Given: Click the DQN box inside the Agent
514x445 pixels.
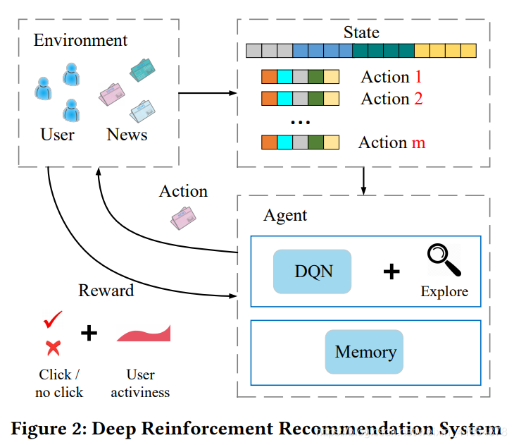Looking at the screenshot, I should pyautogui.click(x=312, y=271).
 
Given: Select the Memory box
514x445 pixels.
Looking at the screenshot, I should pyautogui.click(x=365, y=351).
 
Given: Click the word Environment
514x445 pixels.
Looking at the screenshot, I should pyautogui.click(x=81, y=39).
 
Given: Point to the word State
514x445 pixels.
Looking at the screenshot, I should pyautogui.click(x=361, y=32).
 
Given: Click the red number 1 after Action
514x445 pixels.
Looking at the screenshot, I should pyautogui.click(x=418, y=77).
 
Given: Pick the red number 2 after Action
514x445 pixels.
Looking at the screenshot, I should pyautogui.click(x=418, y=99).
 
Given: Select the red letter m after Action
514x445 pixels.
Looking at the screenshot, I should pyautogui.click(x=418, y=142).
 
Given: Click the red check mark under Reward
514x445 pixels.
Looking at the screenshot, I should pyautogui.click(x=53, y=321).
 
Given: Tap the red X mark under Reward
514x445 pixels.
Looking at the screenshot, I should pyautogui.click(x=52, y=346).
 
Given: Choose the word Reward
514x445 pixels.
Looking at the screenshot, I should pyautogui.click(x=106, y=290).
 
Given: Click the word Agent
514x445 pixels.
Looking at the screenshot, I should pyautogui.click(x=285, y=215).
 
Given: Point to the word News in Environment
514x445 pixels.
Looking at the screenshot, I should pyautogui.click(x=127, y=134).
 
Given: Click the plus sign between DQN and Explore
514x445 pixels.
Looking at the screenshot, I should pyautogui.click(x=391, y=271).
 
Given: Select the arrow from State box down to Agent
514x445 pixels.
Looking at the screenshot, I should pyautogui.click(x=363, y=181).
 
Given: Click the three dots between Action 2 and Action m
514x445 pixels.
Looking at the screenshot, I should pyautogui.click(x=300, y=122).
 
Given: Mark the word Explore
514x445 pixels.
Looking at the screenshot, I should pyautogui.click(x=444, y=291).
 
